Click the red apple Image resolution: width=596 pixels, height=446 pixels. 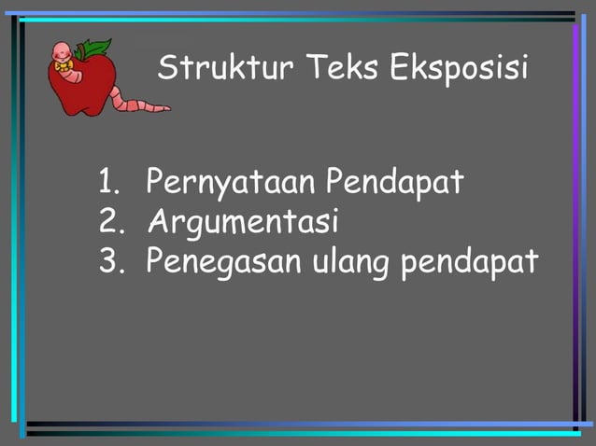click(89, 89)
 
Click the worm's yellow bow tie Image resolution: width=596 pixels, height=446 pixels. click(64, 66)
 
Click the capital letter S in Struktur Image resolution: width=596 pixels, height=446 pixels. click(169, 67)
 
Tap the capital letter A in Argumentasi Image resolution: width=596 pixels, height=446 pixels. click(158, 222)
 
